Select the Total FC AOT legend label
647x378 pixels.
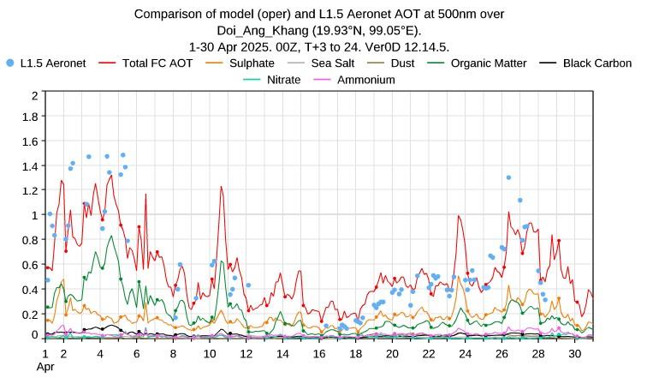[x=158, y=63]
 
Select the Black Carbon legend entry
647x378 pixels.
[x=597, y=63]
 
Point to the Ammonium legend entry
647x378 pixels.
[x=365, y=80]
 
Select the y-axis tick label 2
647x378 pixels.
[x=34, y=94]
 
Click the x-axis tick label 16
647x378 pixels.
[x=319, y=353]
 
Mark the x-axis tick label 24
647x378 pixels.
[x=465, y=353]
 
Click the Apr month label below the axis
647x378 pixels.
[x=45, y=366]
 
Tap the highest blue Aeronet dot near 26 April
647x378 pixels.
[x=508, y=177]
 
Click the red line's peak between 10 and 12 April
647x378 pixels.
[x=221, y=187]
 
